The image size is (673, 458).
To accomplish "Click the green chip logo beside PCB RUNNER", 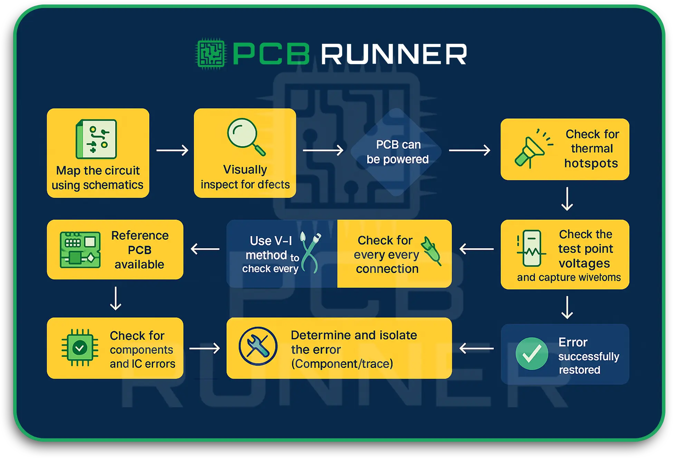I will (x=211, y=54).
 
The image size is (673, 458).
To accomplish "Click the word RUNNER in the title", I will (x=394, y=54).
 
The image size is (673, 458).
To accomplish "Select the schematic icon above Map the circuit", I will (x=96, y=139).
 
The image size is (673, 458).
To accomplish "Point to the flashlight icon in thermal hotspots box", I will (x=532, y=149).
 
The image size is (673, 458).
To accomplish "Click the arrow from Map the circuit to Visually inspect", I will (x=172, y=150).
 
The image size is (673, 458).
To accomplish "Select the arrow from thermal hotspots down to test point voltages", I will (x=567, y=199).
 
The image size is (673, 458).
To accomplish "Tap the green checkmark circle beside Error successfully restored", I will (x=531, y=354).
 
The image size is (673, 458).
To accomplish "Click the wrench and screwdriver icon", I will (x=258, y=346).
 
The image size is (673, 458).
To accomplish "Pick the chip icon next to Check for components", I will (x=80, y=348).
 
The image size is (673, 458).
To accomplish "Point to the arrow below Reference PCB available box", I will (x=115, y=299).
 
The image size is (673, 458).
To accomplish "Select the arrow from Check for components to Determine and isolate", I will (x=204, y=348).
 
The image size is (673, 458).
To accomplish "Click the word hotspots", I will (x=591, y=163).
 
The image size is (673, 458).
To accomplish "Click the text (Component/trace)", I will (x=342, y=364).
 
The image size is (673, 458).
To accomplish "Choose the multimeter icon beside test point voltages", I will (x=531, y=249).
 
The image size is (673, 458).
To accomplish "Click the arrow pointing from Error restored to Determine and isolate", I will (x=477, y=348).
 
